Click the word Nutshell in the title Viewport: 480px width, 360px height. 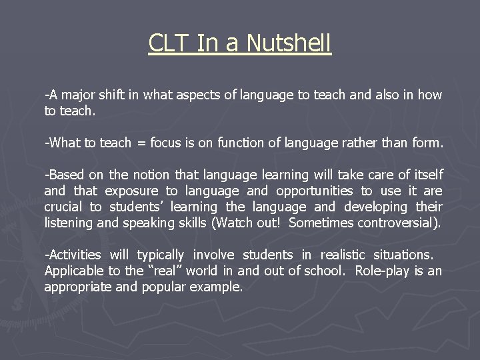289,43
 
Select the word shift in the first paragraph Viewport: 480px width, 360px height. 109,95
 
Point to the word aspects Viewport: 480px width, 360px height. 200,95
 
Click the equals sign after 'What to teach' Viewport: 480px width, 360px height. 141,143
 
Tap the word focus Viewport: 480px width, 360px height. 167,143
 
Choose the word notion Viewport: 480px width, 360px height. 151,175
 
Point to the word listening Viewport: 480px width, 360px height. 69,223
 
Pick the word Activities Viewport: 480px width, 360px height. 73,255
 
